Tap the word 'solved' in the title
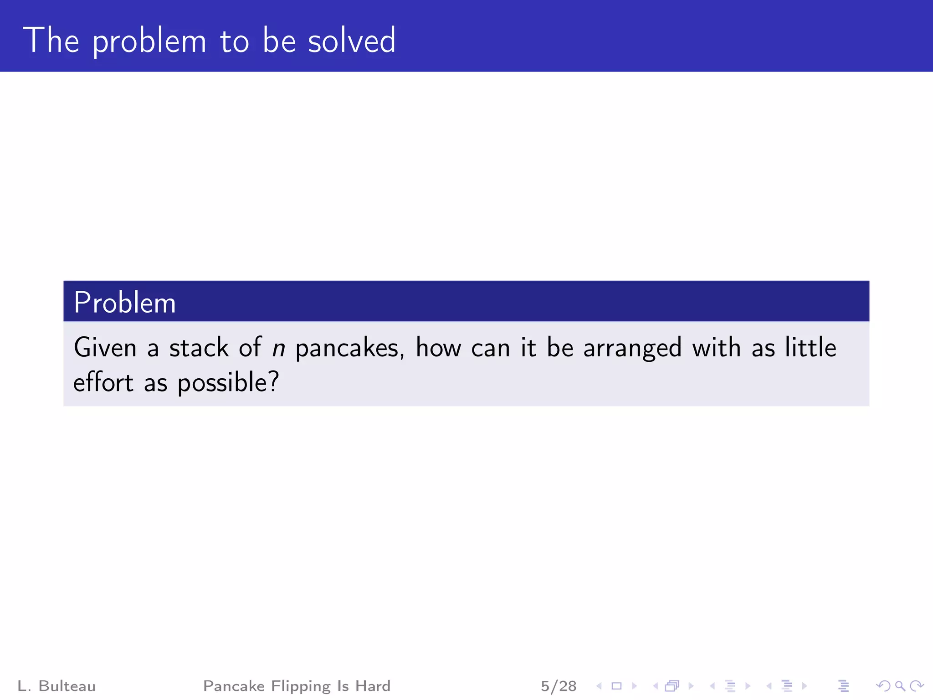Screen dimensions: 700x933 (x=352, y=41)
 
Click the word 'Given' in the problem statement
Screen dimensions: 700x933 (x=105, y=348)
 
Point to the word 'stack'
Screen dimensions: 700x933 (x=199, y=348)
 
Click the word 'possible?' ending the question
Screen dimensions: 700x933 (x=228, y=383)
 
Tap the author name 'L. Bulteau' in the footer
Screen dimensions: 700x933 (x=56, y=686)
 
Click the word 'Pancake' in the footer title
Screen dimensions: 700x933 (x=234, y=686)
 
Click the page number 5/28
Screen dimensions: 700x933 (x=559, y=686)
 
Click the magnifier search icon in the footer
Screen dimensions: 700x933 (x=900, y=686)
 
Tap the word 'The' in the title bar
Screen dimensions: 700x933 (x=51, y=41)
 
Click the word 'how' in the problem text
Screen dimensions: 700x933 (x=438, y=348)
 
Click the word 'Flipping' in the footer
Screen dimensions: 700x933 (x=301, y=686)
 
